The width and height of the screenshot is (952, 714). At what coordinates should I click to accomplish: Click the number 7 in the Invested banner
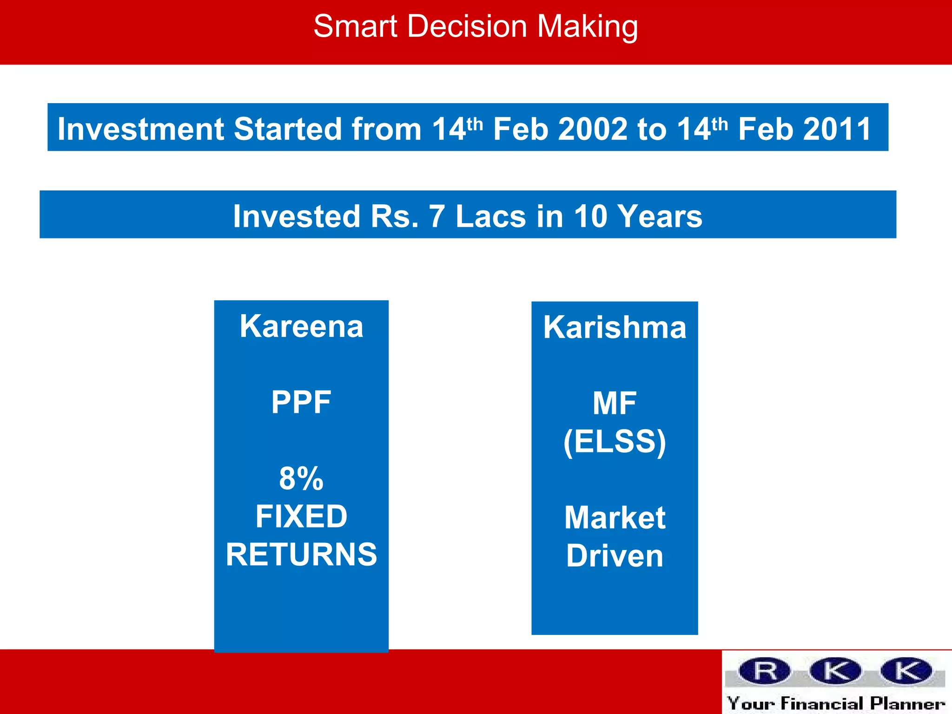[436, 217]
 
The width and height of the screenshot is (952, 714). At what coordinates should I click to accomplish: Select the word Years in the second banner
[661, 217]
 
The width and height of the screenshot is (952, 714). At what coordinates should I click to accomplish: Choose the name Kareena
[301, 326]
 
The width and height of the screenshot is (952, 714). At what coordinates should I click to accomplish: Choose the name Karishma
[615, 327]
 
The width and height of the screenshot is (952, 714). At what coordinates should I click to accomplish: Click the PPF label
[301, 403]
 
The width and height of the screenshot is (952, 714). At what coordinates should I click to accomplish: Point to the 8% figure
[301, 479]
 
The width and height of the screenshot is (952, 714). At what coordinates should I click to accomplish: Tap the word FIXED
[301, 516]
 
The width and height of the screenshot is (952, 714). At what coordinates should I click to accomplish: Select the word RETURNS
[301, 555]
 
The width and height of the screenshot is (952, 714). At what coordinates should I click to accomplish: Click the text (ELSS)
[615, 442]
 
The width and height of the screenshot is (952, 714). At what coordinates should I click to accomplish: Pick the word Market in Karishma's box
[615, 518]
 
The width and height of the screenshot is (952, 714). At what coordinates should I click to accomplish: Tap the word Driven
[615, 556]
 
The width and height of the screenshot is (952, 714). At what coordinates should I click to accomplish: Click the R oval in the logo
[765, 671]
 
